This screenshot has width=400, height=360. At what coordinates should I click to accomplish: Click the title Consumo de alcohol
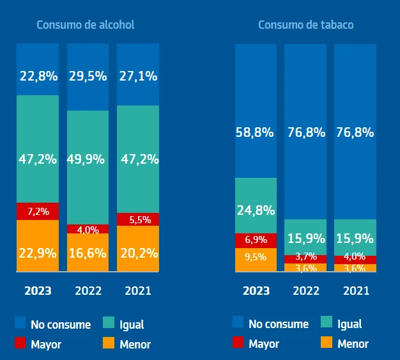pyautogui.click(x=85, y=25)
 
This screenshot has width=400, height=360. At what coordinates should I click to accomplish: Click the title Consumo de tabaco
pyautogui.click(x=305, y=25)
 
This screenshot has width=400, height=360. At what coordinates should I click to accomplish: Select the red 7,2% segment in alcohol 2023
pyautogui.click(x=38, y=211)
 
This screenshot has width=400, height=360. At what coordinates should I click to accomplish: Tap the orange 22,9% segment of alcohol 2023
pyautogui.click(x=38, y=246)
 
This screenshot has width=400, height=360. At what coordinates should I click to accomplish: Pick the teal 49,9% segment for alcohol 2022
pyautogui.click(x=88, y=167)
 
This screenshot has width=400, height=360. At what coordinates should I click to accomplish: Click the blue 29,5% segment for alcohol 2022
pyautogui.click(x=88, y=77)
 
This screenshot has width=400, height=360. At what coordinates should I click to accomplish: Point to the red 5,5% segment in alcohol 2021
pyautogui.click(x=138, y=219)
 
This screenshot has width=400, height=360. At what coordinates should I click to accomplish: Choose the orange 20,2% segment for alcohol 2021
pyautogui.click(x=138, y=249)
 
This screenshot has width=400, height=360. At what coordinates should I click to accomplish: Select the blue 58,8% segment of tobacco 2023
pyautogui.click(x=256, y=111)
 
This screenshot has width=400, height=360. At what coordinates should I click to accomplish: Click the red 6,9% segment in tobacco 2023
pyautogui.click(x=256, y=240)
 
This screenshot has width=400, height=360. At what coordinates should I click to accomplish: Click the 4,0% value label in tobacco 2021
pyautogui.click(x=355, y=257)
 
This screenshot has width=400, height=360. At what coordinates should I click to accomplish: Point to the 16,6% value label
pyautogui.click(x=88, y=253)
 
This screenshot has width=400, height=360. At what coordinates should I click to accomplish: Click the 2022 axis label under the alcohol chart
pyautogui.click(x=88, y=291)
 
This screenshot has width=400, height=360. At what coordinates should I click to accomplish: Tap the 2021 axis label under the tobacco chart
pyautogui.click(x=355, y=291)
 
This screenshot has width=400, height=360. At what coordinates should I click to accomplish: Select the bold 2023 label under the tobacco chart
pyautogui.click(x=256, y=291)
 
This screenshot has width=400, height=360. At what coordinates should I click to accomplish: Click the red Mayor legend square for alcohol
pyautogui.click(x=20, y=344)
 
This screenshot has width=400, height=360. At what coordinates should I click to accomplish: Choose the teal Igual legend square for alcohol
pyautogui.click(x=109, y=324)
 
